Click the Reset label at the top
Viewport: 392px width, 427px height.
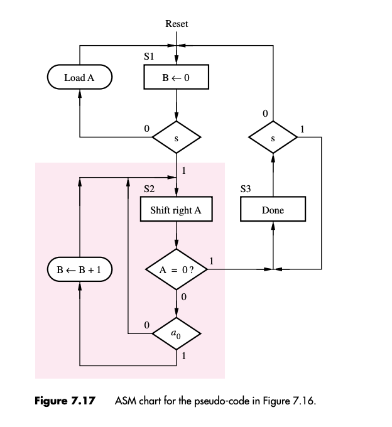tap(177, 24)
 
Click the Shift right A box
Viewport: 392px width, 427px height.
tap(177, 210)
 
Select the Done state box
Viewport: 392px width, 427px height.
tap(273, 210)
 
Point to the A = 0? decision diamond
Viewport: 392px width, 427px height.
tap(177, 270)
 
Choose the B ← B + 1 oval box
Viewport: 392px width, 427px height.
tap(80, 270)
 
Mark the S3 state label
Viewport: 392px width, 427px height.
tap(246, 188)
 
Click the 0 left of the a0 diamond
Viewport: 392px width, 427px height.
tap(146, 326)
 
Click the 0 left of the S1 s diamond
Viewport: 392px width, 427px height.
tap(146, 128)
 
